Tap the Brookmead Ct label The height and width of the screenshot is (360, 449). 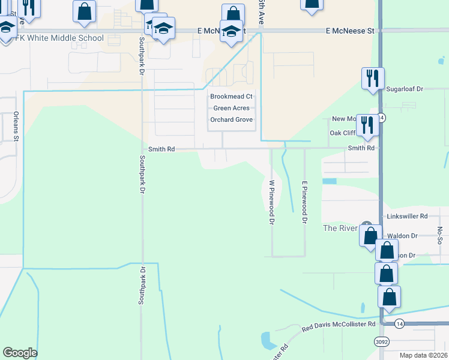(x=231, y=97)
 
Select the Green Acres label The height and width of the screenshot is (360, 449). (x=231, y=109)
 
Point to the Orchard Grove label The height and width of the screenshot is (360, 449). (x=231, y=120)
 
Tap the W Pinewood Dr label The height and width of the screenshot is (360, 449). (x=271, y=202)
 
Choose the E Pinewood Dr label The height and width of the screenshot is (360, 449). (x=304, y=202)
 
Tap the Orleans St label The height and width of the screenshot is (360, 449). (x=17, y=127)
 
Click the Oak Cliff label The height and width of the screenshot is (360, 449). (x=343, y=133)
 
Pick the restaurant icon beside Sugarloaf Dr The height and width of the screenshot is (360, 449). (x=372, y=78)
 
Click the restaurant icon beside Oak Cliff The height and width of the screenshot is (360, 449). (x=366, y=125)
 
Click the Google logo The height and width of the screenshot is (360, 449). (x=20, y=353)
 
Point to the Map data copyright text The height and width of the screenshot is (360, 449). (x=423, y=355)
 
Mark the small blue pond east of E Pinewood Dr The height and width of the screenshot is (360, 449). (x=329, y=181)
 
